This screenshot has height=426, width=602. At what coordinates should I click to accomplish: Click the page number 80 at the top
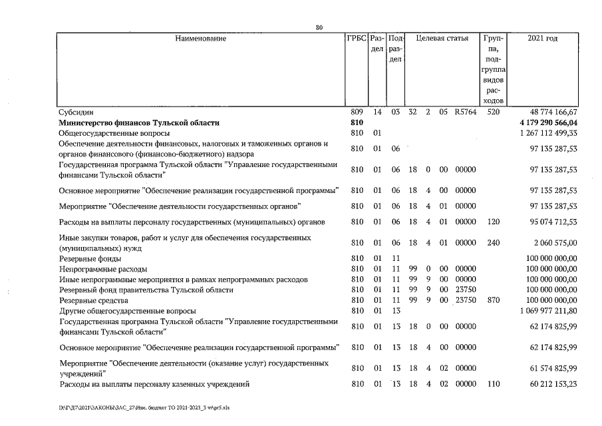(319, 27)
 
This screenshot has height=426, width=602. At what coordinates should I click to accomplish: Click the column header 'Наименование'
(200, 39)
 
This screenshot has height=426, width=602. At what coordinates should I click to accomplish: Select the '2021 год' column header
(542, 39)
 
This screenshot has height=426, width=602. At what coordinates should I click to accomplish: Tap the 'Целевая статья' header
(442, 39)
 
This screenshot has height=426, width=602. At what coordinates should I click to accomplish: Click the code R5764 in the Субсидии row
(466, 112)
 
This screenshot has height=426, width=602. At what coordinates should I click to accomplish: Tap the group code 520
(493, 112)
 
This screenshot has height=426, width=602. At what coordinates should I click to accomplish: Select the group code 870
(493, 301)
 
